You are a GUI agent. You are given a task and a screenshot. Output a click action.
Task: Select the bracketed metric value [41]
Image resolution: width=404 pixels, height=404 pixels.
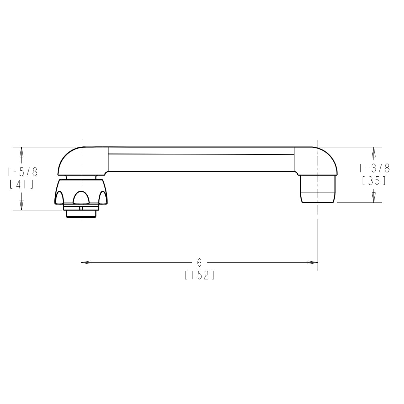tap(22, 185)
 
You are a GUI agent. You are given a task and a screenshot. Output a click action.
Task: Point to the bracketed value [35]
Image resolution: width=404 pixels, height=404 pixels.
tap(374, 181)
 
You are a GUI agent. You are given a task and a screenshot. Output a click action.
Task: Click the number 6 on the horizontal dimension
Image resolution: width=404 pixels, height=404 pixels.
tap(199, 262)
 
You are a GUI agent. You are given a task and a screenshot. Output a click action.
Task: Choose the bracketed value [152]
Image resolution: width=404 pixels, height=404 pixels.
tap(199, 275)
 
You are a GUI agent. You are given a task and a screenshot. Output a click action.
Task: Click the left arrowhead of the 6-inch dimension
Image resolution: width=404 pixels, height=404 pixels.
tap(87, 262)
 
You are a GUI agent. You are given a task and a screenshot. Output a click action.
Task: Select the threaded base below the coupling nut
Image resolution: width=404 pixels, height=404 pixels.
tap(81, 214)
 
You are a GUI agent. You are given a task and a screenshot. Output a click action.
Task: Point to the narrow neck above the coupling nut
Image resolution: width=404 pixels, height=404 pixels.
tap(81, 177)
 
